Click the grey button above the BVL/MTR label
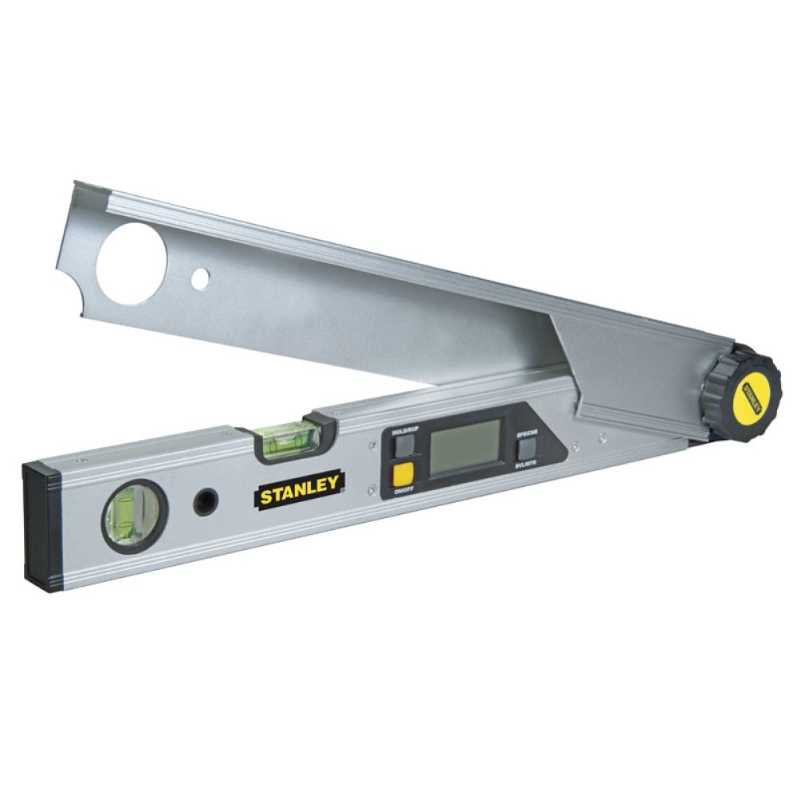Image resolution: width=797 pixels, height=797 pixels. (x=527, y=449)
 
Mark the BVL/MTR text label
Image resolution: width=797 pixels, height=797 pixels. (x=528, y=463)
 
